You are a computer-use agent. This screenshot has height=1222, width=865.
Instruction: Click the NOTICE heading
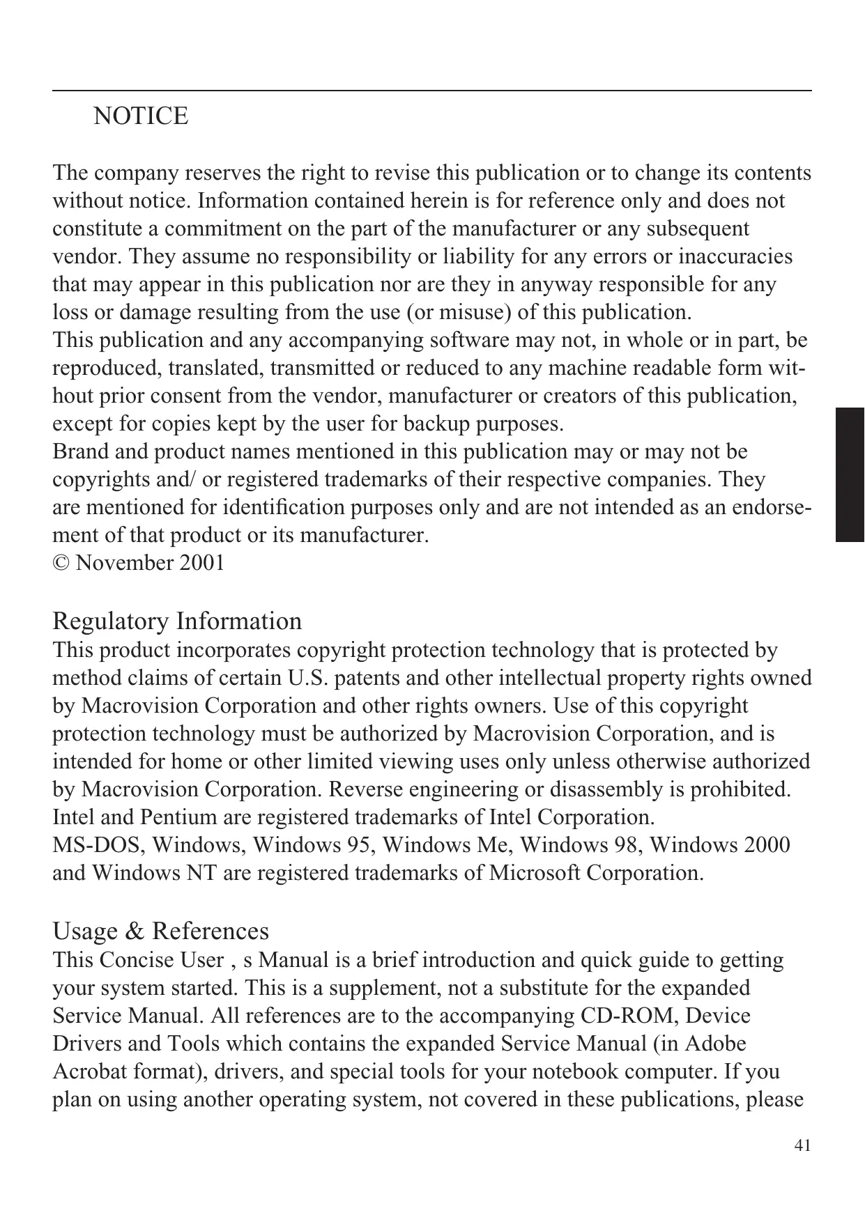pyautogui.click(x=141, y=116)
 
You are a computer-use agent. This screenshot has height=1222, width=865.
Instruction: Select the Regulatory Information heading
pyautogui.click(x=177, y=621)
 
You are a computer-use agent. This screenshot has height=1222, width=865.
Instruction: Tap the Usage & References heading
pyautogui.click(x=160, y=931)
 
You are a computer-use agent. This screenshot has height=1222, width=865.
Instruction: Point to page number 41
pyautogui.click(x=802, y=1145)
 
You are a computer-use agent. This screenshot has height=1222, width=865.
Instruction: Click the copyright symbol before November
pyautogui.click(x=61, y=563)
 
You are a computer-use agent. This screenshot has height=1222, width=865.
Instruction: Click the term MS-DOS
pyautogui.click(x=98, y=844)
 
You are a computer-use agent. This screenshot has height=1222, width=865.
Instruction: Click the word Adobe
pyautogui.click(x=715, y=1044)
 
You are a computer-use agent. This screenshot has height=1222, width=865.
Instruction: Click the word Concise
pyautogui.click(x=137, y=960)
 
